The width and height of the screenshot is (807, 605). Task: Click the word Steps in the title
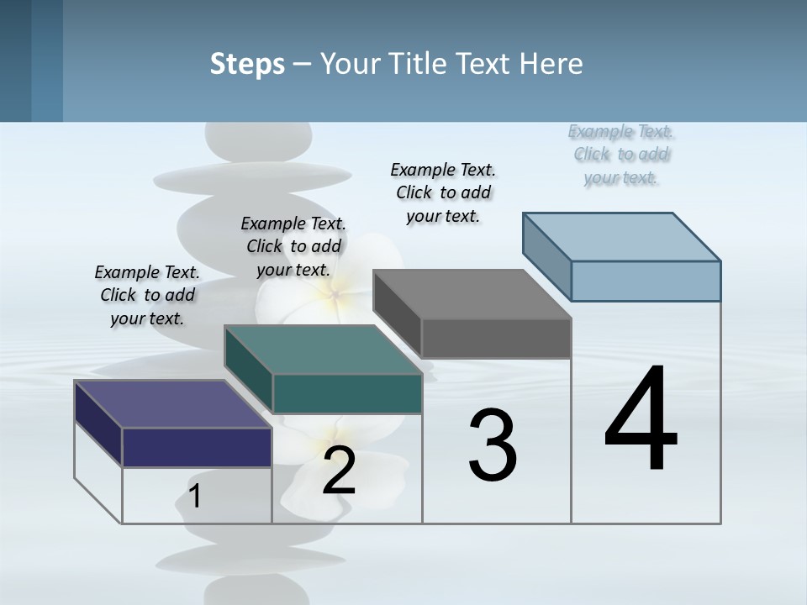click(x=247, y=64)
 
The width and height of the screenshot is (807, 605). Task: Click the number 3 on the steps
click(x=493, y=445)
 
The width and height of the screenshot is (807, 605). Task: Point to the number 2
click(x=339, y=471)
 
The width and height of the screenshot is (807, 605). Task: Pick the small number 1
click(x=195, y=497)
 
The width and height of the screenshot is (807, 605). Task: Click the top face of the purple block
click(x=172, y=403)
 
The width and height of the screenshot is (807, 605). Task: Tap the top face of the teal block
click(x=323, y=349)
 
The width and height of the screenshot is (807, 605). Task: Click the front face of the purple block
click(x=197, y=447)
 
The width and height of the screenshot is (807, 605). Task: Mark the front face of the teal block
click(x=347, y=393)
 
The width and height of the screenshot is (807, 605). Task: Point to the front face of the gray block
click(x=496, y=339)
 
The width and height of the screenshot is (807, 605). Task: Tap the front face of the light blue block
click(x=646, y=281)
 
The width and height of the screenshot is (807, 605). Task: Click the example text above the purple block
click(x=147, y=295)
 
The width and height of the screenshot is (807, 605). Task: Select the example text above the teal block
click(x=293, y=246)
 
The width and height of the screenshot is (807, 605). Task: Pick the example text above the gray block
click(x=443, y=192)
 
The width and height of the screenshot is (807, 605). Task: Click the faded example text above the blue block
click(x=621, y=154)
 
